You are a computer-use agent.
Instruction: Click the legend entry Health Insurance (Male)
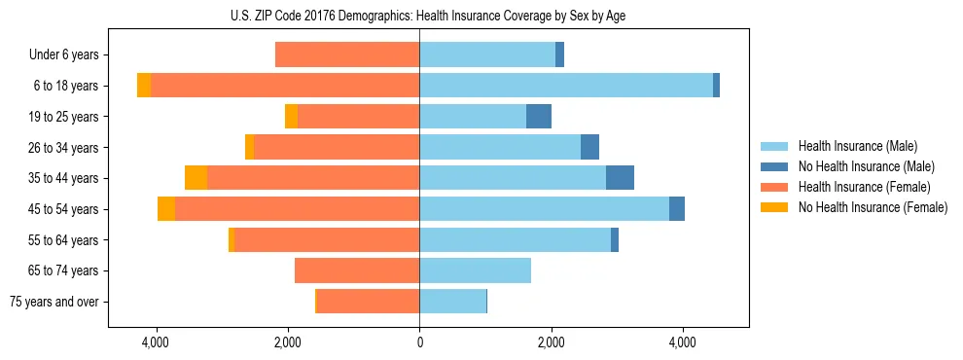856,146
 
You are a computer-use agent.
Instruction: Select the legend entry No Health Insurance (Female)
873,207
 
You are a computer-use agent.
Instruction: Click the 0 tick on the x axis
419,342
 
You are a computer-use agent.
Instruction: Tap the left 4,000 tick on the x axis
156,342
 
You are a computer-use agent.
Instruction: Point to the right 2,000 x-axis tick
551,342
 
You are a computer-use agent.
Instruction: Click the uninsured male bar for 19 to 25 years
539,117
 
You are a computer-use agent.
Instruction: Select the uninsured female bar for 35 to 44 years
196,178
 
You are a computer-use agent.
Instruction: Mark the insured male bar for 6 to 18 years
566,86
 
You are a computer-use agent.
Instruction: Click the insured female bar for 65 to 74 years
357,270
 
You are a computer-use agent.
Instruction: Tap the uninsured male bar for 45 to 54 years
677,209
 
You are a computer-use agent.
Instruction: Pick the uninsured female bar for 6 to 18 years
144,86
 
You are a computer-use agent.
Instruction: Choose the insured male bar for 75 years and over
452,302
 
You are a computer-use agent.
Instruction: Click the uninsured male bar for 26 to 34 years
589,148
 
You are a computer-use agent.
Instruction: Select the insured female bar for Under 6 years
347,55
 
